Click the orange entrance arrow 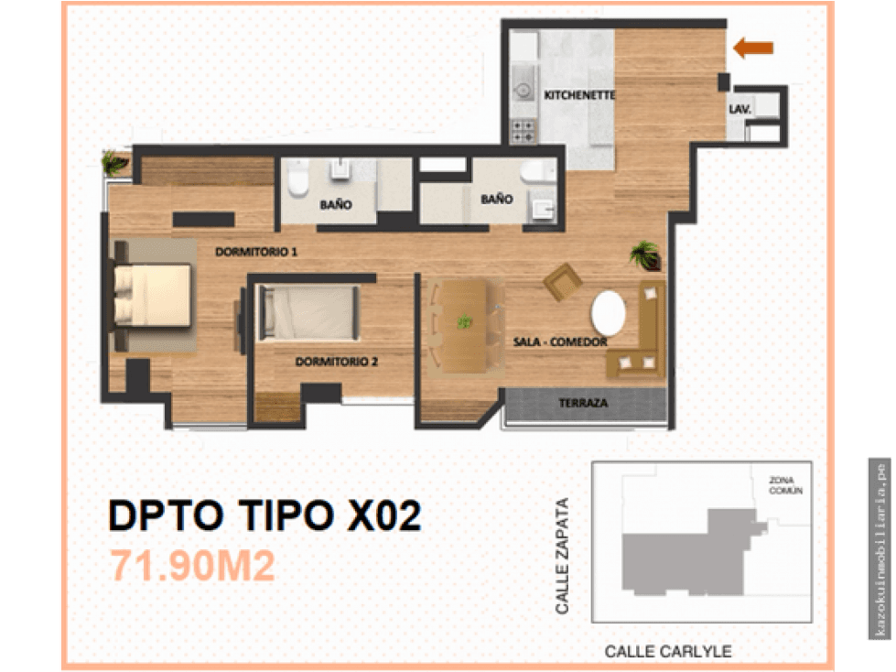pyautogui.click(x=753, y=48)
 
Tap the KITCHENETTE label pyautogui.click(x=578, y=95)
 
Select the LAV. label pyautogui.click(x=739, y=109)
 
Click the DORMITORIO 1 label pyautogui.click(x=256, y=252)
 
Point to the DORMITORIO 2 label pyautogui.click(x=336, y=362)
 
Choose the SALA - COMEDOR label pyautogui.click(x=560, y=341)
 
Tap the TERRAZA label pyautogui.click(x=583, y=403)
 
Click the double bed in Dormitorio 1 pyautogui.click(x=152, y=296)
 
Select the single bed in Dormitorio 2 pyautogui.click(x=309, y=312)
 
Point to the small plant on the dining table pyautogui.click(x=465, y=321)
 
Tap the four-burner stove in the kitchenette pyautogui.click(x=523, y=131)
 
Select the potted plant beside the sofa pyautogui.click(x=646, y=255)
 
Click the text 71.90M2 pyautogui.click(x=192, y=566)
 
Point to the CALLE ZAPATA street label pyautogui.click(x=562, y=556)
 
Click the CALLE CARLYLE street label pyautogui.click(x=667, y=652)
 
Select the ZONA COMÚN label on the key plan pyautogui.click(x=785, y=486)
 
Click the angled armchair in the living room pyautogui.click(x=563, y=282)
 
